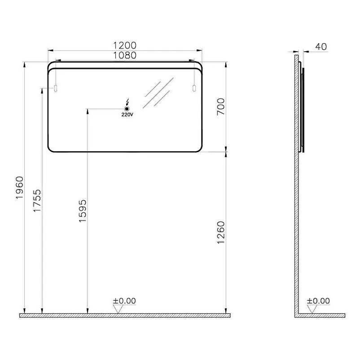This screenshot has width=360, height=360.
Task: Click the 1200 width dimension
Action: (125, 45)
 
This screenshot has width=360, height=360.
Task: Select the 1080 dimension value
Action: (125, 55)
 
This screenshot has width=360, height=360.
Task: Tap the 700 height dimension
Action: (221, 106)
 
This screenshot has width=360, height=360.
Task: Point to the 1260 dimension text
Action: (221, 232)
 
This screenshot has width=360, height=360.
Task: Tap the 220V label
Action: (127, 115)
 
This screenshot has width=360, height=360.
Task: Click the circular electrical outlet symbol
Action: (127, 109)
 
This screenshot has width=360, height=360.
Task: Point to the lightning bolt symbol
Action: (128, 101)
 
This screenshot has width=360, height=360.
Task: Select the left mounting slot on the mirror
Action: (56, 88)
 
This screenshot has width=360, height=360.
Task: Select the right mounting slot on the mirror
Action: (194, 88)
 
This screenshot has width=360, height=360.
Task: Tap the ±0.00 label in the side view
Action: (318, 301)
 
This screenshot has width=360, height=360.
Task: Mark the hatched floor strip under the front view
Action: (125, 316)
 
